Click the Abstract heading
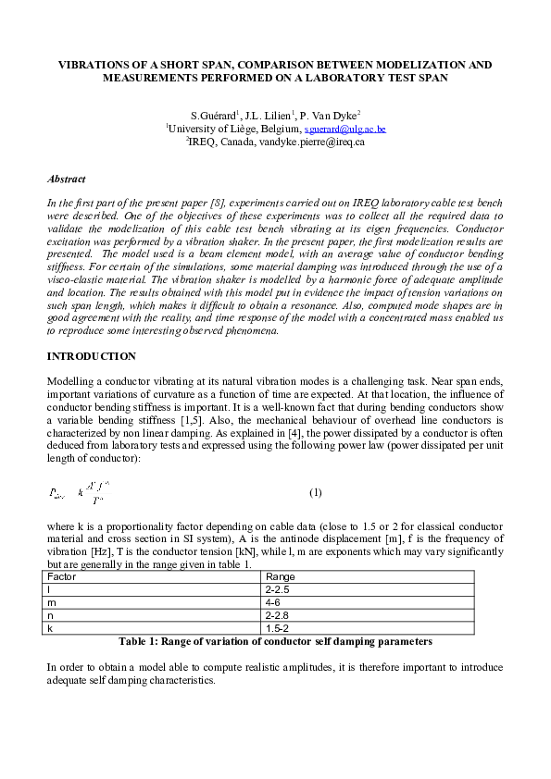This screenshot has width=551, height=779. coord(66,179)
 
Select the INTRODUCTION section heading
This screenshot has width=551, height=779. coord(91,356)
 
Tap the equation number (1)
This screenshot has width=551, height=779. coord(315,491)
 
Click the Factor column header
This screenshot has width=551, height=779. coord(62,576)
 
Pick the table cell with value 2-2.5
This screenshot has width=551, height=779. coord(279,589)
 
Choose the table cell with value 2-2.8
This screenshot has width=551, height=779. coord(279,615)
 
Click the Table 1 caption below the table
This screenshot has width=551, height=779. coord(275,641)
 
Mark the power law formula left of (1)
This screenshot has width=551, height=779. coord(79,491)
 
